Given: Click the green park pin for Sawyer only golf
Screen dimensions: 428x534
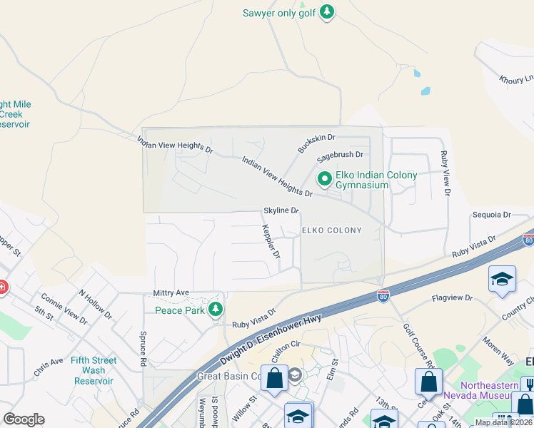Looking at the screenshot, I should [327, 12].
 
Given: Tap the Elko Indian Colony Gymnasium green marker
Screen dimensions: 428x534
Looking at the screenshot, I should [324, 179].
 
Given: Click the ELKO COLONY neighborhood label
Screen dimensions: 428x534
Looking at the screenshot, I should [331, 230].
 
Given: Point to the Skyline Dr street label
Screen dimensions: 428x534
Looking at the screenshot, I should [281, 210].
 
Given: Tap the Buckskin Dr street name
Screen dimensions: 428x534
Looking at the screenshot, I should [316, 142].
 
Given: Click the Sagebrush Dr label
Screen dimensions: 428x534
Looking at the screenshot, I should [341, 154].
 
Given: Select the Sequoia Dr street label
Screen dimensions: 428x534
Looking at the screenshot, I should [491, 214].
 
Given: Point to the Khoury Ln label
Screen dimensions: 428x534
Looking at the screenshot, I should [516, 80].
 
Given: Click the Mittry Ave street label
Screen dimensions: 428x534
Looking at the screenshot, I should [171, 292].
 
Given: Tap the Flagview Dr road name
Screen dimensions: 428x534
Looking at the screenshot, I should [453, 297].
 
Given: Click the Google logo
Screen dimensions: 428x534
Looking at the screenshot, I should [24, 419].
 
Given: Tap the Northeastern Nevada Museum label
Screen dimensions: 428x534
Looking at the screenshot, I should [480, 390].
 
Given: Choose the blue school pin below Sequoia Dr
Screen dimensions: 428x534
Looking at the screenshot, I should [502, 280].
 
